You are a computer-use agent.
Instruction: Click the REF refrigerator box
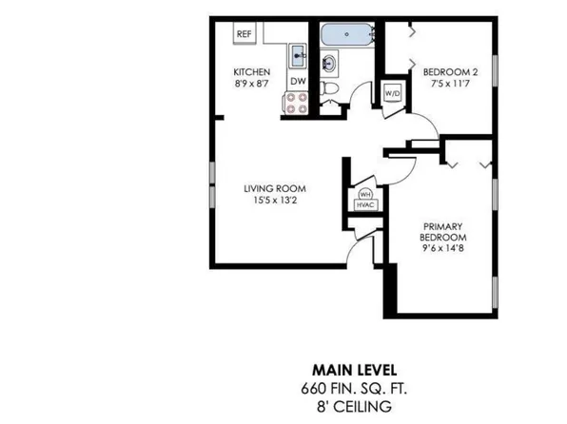click(x=244, y=33)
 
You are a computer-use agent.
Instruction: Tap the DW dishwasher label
click(x=298, y=82)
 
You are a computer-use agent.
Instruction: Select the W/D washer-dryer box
click(x=392, y=93)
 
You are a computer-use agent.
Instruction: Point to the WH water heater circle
click(x=363, y=193)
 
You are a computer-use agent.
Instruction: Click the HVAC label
click(x=363, y=204)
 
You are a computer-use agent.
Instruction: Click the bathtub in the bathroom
click(x=348, y=36)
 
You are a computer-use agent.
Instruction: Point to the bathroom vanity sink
click(x=330, y=65)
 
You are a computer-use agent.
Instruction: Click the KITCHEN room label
click(x=253, y=72)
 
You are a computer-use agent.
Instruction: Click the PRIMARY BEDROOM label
click(x=444, y=232)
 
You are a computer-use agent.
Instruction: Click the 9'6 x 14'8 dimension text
click(x=444, y=250)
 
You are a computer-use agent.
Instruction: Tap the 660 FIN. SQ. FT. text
click(x=352, y=387)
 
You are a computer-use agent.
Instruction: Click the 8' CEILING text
click(x=352, y=405)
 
